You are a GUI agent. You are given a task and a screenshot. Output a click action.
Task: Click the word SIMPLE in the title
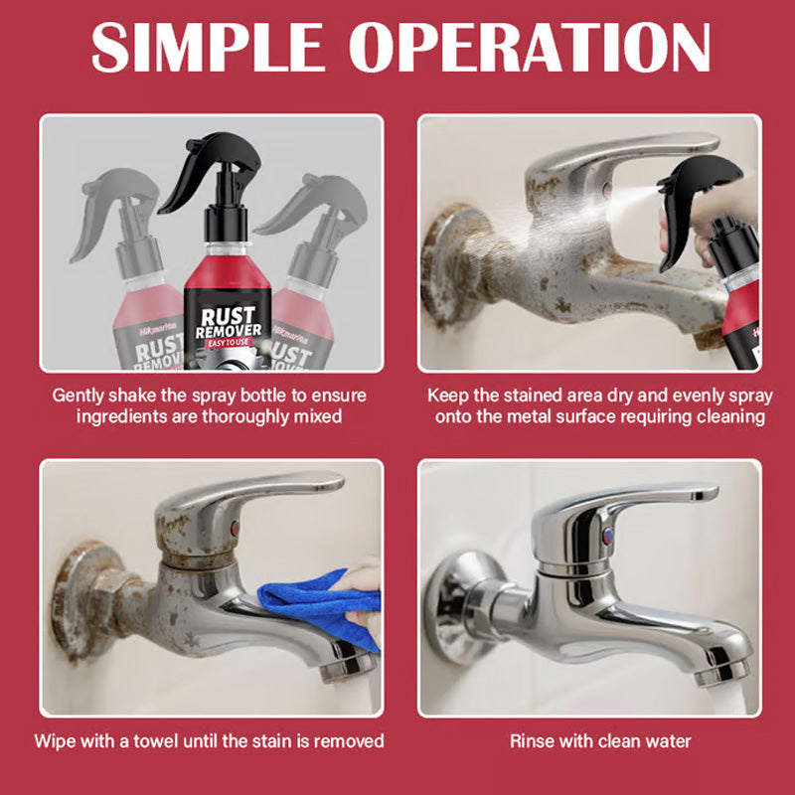click(x=203, y=48)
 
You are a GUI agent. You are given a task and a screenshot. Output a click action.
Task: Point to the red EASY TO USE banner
click(x=228, y=344)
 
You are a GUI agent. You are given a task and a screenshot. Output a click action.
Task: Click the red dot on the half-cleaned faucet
click(x=232, y=526)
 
